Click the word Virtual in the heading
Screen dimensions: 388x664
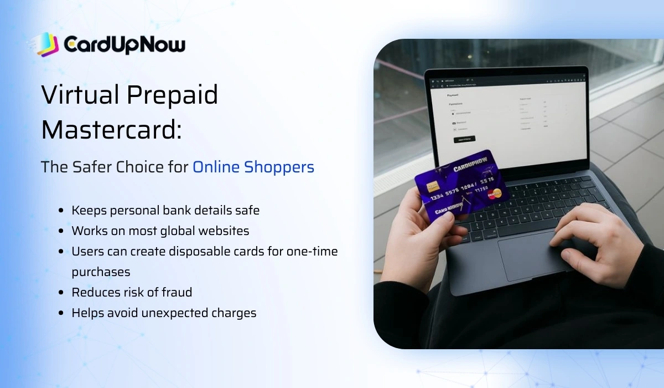79,95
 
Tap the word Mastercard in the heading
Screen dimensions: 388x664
111,130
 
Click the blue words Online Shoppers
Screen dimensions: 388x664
253,167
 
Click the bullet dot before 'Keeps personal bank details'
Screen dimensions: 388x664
61,211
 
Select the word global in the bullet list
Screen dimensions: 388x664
185,231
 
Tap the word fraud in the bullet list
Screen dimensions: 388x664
177,292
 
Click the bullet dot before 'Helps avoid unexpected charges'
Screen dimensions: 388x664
61,313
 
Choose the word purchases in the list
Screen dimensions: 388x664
101,272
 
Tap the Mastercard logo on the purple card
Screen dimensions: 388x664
494,193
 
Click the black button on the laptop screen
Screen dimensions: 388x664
464,139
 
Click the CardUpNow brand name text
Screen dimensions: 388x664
124,44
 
